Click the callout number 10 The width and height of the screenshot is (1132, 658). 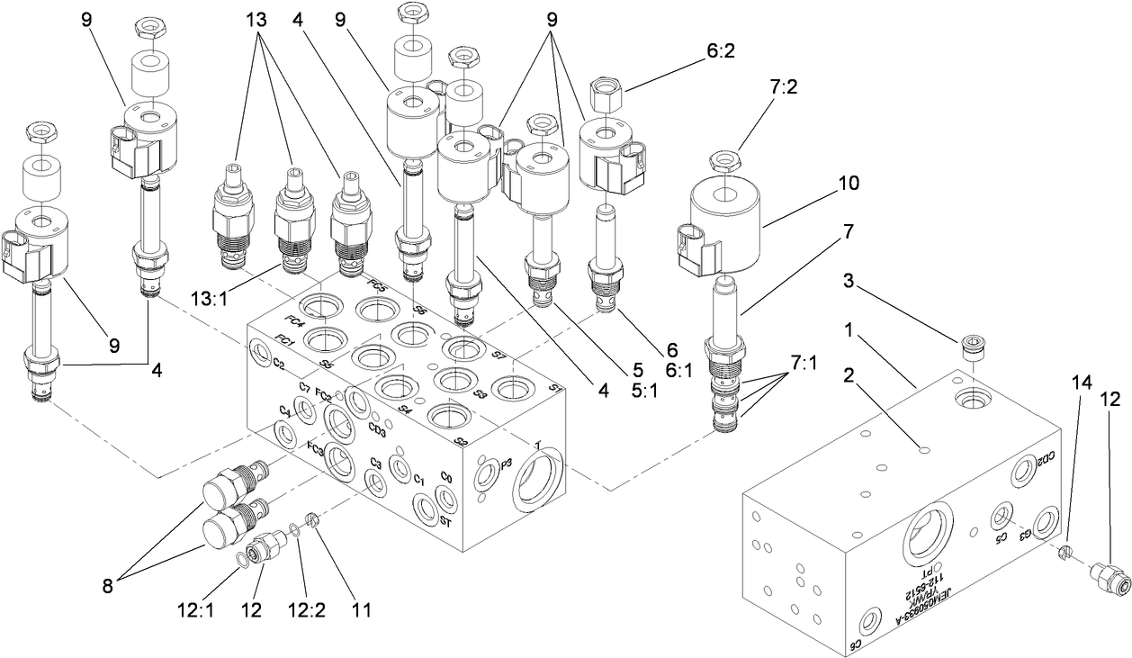click(x=848, y=183)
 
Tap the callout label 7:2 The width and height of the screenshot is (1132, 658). click(x=758, y=86)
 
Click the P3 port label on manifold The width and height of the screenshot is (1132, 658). click(x=507, y=464)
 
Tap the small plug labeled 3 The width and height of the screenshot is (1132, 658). click(x=973, y=346)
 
